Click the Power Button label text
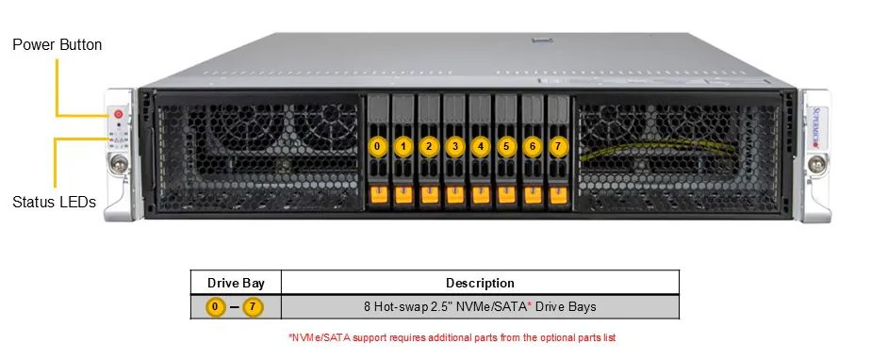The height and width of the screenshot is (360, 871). point(58,44)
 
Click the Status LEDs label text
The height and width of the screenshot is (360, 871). point(54,201)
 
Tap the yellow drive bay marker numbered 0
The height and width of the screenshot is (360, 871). point(377,146)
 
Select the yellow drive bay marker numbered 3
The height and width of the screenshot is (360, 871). point(455,146)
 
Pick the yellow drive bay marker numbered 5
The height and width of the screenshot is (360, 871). point(506,146)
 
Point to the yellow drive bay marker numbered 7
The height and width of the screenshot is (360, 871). point(558,146)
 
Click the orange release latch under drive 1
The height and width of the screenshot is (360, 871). point(403,195)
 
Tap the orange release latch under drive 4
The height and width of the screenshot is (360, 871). point(481,195)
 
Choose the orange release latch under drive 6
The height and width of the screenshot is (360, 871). point(533,195)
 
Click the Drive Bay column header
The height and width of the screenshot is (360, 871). point(236,283)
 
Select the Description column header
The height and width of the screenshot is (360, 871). point(480,283)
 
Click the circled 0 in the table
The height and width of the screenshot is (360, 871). point(216,307)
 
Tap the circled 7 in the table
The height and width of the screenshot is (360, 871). point(254,307)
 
